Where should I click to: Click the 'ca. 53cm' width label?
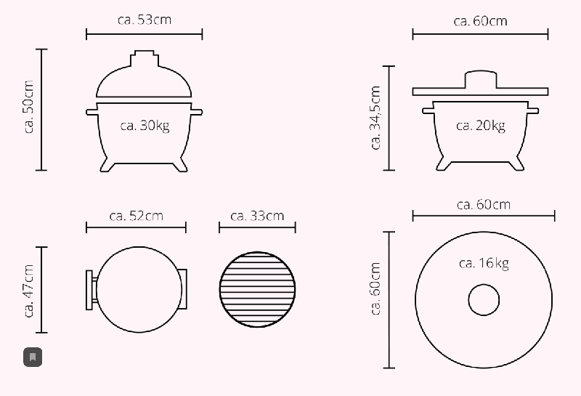(x=145, y=20)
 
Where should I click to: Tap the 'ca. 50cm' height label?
(x=28, y=107)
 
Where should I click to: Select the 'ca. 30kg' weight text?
(x=145, y=125)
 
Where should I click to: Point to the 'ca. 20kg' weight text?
(x=481, y=126)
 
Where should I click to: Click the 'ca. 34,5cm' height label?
(x=375, y=118)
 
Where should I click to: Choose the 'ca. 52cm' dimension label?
(x=137, y=216)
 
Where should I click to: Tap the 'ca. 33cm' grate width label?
(x=257, y=216)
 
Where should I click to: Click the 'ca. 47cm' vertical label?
(x=28, y=291)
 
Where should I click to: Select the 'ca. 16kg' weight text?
(x=484, y=263)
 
